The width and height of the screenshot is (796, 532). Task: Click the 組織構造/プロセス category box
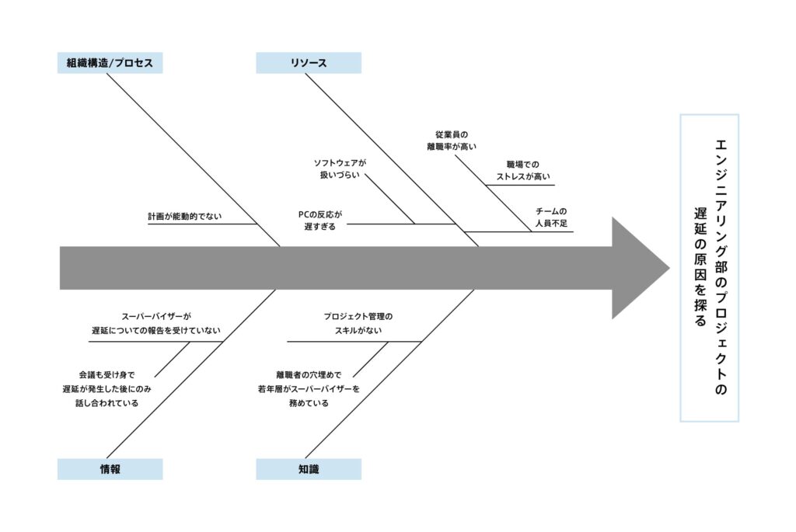point(110,63)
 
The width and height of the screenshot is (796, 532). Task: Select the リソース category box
point(309,63)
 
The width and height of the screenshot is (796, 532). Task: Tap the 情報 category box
point(110,469)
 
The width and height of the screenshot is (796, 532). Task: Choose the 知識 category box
point(309,469)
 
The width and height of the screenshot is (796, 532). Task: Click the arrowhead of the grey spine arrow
point(639,268)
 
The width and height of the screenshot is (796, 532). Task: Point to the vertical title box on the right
point(709,268)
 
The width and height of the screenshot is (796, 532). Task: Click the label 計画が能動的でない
point(184,217)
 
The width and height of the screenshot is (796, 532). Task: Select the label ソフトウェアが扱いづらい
point(339,169)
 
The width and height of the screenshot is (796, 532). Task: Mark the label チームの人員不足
point(551,217)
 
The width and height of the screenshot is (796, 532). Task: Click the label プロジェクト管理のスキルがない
point(358,323)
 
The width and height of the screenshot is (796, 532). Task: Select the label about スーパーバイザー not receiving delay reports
point(155,323)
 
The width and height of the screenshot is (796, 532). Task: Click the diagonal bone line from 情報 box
point(190,373)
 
